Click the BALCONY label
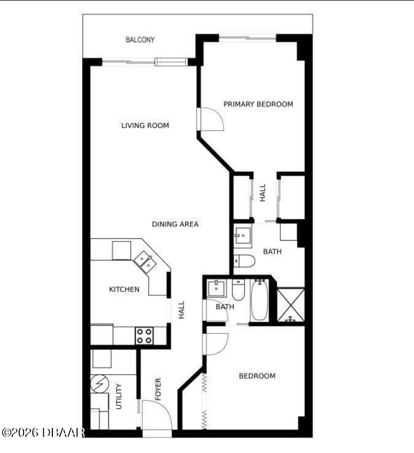[x=140, y=40]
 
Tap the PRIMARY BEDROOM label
[x=258, y=104]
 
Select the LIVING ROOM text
[x=145, y=125]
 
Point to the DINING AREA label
[x=175, y=224]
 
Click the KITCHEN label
[x=124, y=289]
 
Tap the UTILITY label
[x=119, y=396]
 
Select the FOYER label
[x=158, y=389]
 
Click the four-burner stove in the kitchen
[x=144, y=336]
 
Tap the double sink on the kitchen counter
[x=145, y=262]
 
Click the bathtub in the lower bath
[x=259, y=300]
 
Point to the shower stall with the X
[x=290, y=304]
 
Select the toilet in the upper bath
[x=244, y=262]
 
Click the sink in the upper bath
[x=242, y=235]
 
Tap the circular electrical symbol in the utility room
[x=99, y=383]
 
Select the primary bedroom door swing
[x=211, y=119]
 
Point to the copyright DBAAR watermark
[x=43, y=433]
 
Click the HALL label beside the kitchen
[x=181, y=310]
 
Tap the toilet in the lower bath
[x=239, y=290]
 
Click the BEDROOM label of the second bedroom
[x=257, y=376]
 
